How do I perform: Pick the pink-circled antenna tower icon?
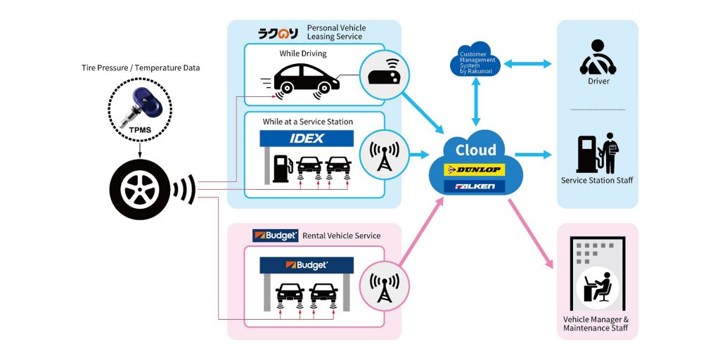(384, 285)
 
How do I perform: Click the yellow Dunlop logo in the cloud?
(476, 169)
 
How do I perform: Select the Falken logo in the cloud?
(476, 187)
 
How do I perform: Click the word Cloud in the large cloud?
(476, 150)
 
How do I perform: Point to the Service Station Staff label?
(597, 181)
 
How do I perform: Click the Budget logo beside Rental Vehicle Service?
(276, 236)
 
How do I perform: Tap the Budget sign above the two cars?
(307, 266)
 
